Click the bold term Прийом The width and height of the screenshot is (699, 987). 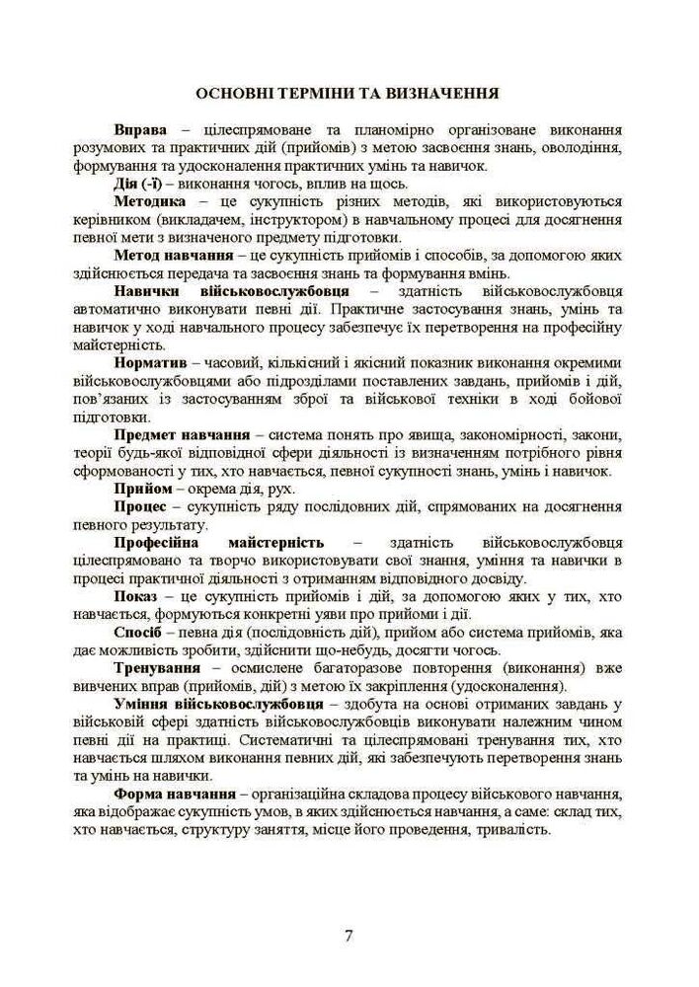(x=143, y=488)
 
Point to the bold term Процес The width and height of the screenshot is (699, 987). (x=142, y=505)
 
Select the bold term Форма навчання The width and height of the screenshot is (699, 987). (x=174, y=793)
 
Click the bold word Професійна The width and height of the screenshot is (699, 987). (x=157, y=542)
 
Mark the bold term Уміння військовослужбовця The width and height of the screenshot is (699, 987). (x=212, y=703)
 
